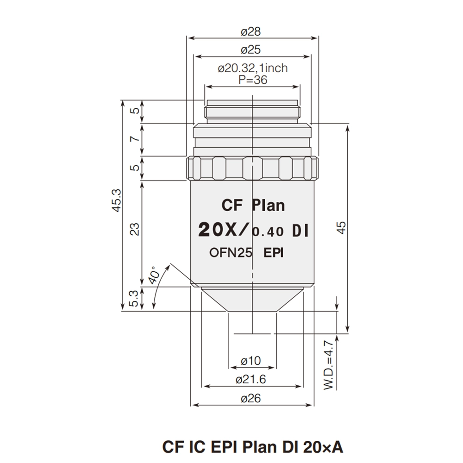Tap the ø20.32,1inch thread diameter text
pos(253,69)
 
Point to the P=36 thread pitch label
pos(253,80)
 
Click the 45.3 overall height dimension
pos(116,201)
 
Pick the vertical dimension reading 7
pos(134,139)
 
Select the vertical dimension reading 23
pos(134,230)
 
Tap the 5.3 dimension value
pos(134,299)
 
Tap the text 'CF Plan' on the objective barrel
pos(252,205)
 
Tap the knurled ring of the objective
pos(253,168)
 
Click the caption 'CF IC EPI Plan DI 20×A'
pos(253,447)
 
